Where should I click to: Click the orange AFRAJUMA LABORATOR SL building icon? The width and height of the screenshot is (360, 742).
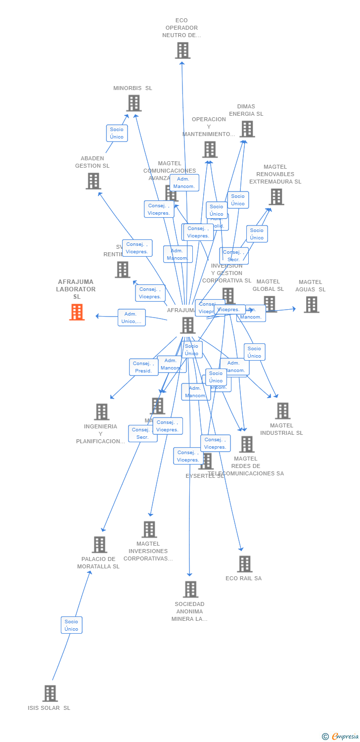click(77, 312)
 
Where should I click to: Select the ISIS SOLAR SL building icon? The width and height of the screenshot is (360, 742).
click(50, 693)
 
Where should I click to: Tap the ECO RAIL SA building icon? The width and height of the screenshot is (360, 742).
click(244, 564)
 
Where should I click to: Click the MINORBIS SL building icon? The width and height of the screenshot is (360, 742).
click(134, 103)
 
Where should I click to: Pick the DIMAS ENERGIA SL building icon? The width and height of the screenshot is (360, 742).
click(247, 129)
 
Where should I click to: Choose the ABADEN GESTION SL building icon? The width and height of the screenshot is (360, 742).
click(93, 181)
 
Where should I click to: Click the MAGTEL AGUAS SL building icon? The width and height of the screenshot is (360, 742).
click(311, 304)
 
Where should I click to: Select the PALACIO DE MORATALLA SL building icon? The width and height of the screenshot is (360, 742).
click(99, 545)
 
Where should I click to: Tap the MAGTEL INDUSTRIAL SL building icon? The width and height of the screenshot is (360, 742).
click(282, 411)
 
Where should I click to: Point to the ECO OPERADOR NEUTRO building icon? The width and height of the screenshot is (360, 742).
click(182, 50)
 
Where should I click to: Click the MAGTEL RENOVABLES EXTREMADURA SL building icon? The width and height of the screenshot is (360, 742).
click(276, 196)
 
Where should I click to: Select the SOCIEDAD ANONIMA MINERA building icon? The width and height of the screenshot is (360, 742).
click(190, 589)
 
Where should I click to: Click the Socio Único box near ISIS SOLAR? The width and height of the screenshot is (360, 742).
click(72, 625)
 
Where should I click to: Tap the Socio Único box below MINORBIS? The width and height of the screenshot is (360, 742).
click(117, 133)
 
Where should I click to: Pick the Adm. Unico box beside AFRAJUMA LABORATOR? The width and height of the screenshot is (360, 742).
click(132, 318)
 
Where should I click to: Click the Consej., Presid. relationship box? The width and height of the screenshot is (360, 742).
click(143, 367)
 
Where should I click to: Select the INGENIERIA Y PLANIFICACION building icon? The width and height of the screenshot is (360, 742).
click(101, 412)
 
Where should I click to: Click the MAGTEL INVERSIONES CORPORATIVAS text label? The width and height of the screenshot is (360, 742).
click(148, 551)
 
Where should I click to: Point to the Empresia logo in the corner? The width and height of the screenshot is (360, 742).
click(340, 736)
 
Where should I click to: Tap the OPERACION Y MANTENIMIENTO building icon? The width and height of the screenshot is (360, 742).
click(209, 149)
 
